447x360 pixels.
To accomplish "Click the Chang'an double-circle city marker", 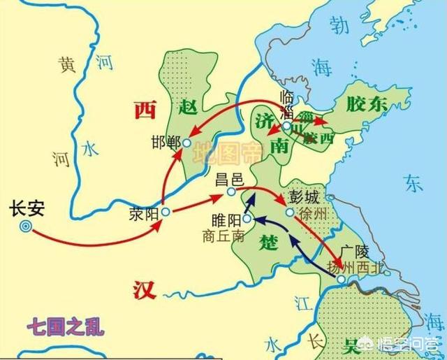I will tap(27, 226).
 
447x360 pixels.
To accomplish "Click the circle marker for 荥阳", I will tap(166, 211).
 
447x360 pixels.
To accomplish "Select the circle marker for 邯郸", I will tap(186, 143).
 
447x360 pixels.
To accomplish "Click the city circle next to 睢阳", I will tap(247, 219).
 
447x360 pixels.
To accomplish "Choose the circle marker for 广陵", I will tap(340, 280).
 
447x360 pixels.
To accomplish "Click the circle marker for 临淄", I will tap(286, 127).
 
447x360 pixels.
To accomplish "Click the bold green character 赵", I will tap(189, 106).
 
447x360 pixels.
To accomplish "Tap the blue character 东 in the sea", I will tap(413, 183).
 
